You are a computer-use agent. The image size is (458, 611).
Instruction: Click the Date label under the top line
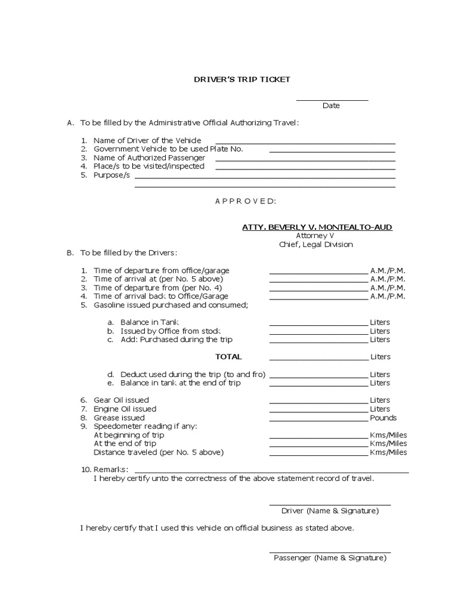pos(331,106)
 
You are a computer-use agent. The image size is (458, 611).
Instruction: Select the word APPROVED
pos(245,201)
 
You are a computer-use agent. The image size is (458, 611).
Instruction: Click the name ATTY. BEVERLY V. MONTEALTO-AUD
pos(317,227)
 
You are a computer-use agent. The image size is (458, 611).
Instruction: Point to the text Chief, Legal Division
pos(315,244)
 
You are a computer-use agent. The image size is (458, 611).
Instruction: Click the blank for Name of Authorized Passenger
pos(305,159)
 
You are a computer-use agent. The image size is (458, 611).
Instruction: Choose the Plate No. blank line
pos(332,151)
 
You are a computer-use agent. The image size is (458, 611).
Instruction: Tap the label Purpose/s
pos(112,175)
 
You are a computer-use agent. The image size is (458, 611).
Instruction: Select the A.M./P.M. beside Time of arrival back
pos(388,296)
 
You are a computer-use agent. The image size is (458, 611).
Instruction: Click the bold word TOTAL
pos(228,357)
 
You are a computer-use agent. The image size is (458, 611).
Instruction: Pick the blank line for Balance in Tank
pos(318,324)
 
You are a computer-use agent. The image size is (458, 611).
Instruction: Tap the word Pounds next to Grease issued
pos(383,418)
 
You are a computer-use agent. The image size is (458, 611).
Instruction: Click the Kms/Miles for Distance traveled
pos(388,452)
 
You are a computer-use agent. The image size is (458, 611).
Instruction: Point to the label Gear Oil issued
pos(121,400)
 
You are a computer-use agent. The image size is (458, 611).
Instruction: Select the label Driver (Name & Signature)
pos(330,511)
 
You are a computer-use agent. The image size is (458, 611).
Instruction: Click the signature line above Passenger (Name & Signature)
pos(330,553)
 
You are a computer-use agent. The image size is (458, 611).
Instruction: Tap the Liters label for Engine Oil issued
pos(380,409)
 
